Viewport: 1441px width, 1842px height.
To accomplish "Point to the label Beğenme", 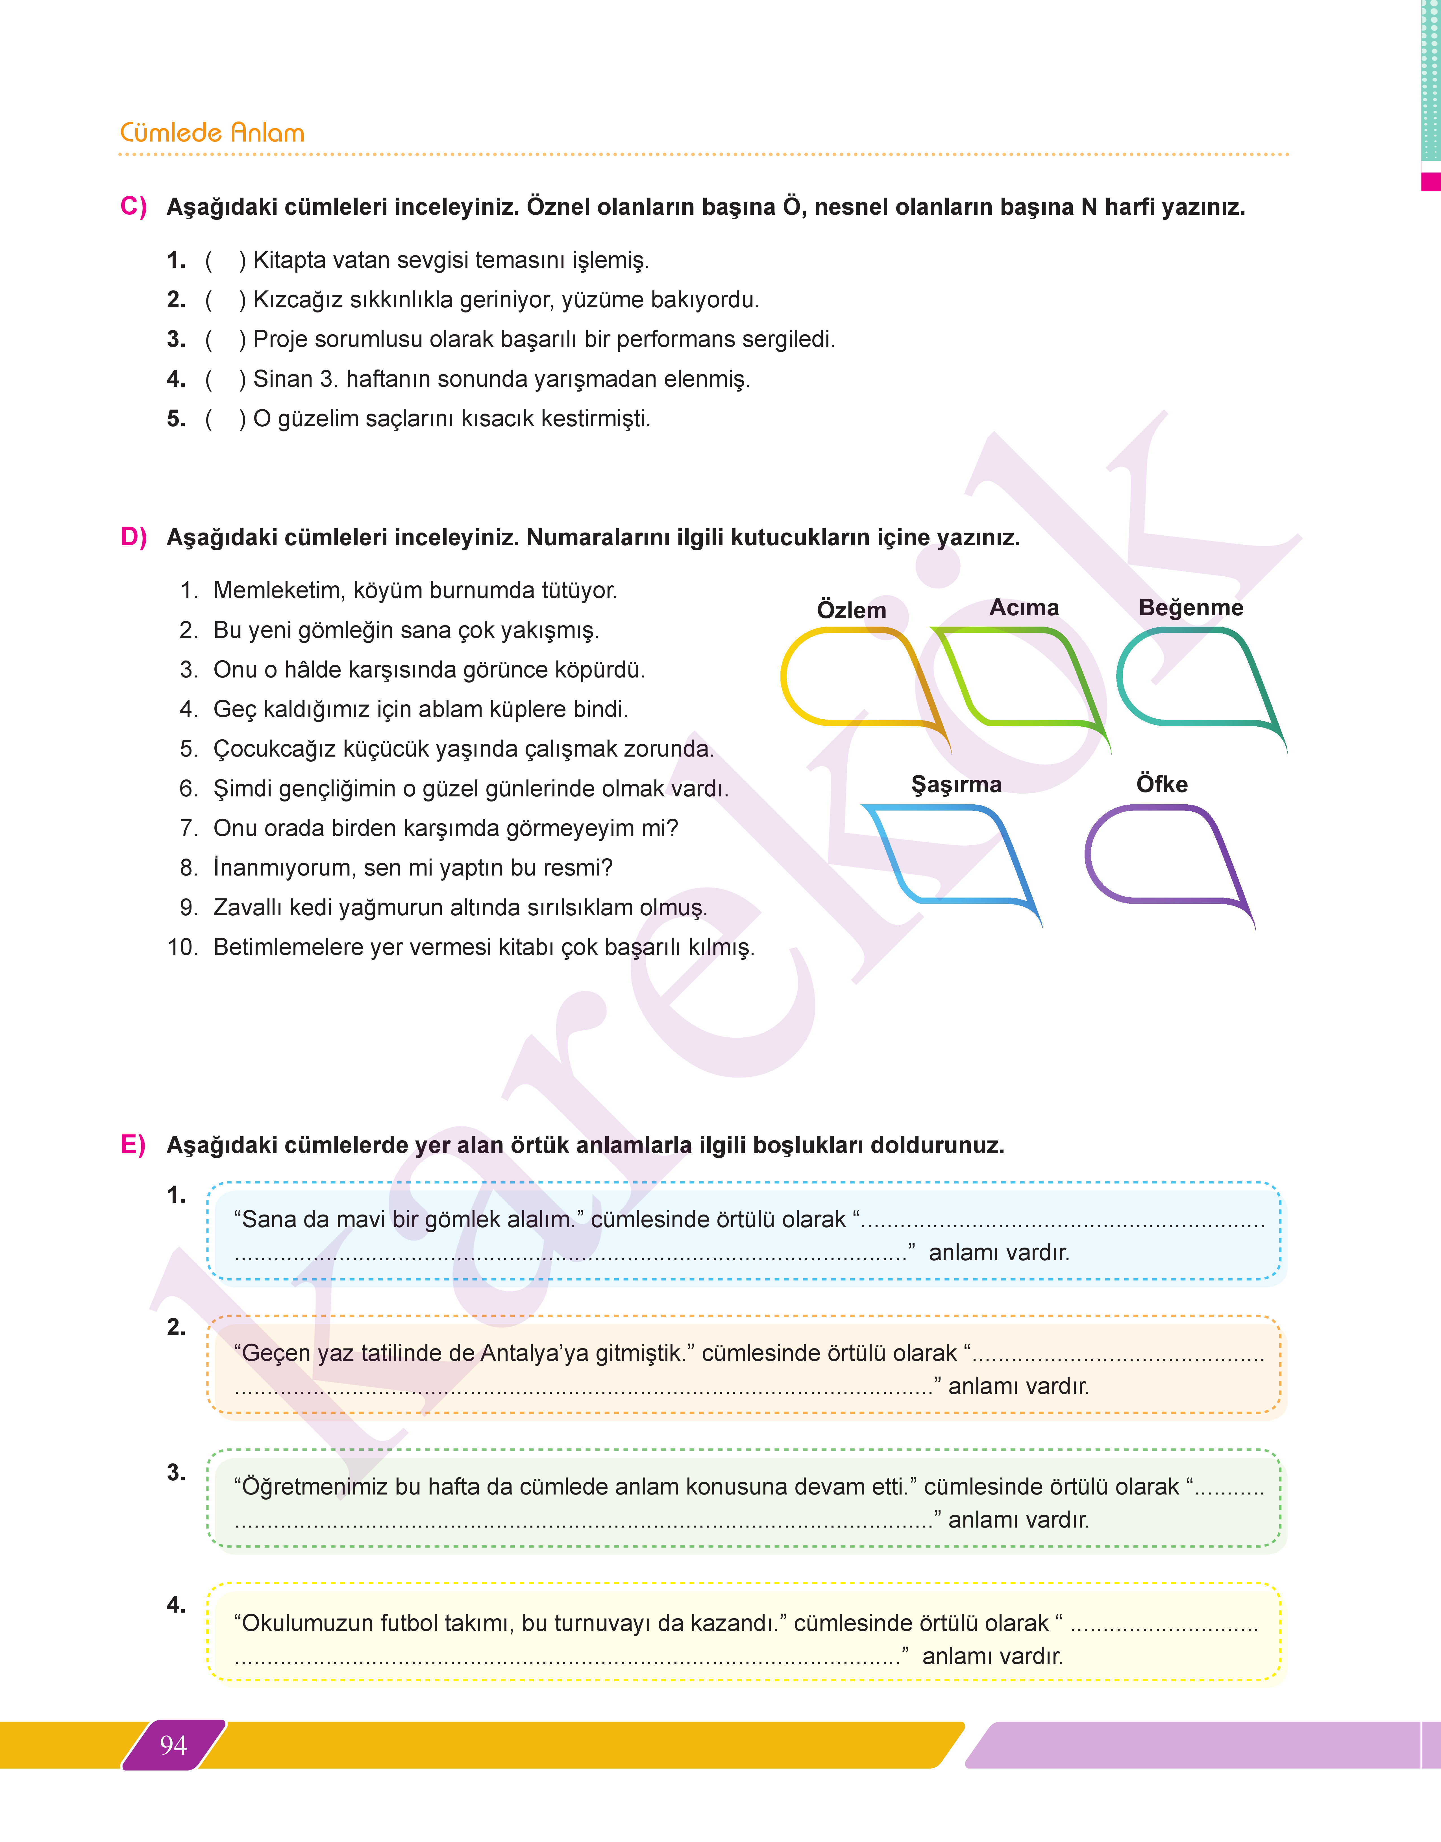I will click(x=1190, y=607).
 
